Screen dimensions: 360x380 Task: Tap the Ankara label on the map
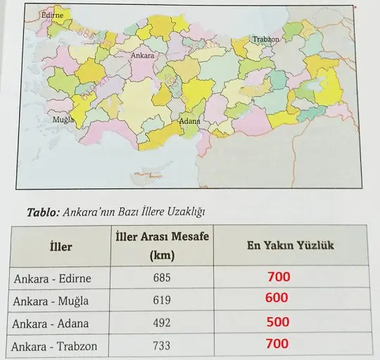pos(143,53)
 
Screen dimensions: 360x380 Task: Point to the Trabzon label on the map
pos(266,39)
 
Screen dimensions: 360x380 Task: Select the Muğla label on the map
pos(63,120)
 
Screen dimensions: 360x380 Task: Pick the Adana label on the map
pos(190,122)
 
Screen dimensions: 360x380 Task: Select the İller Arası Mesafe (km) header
pos(161,246)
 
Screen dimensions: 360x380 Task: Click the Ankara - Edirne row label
pos(53,278)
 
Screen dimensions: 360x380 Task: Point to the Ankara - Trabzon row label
pos(56,347)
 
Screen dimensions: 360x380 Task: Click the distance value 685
pos(162,278)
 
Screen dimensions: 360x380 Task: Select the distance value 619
pos(162,300)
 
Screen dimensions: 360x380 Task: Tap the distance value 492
pos(162,323)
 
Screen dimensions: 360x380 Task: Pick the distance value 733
pos(162,347)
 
